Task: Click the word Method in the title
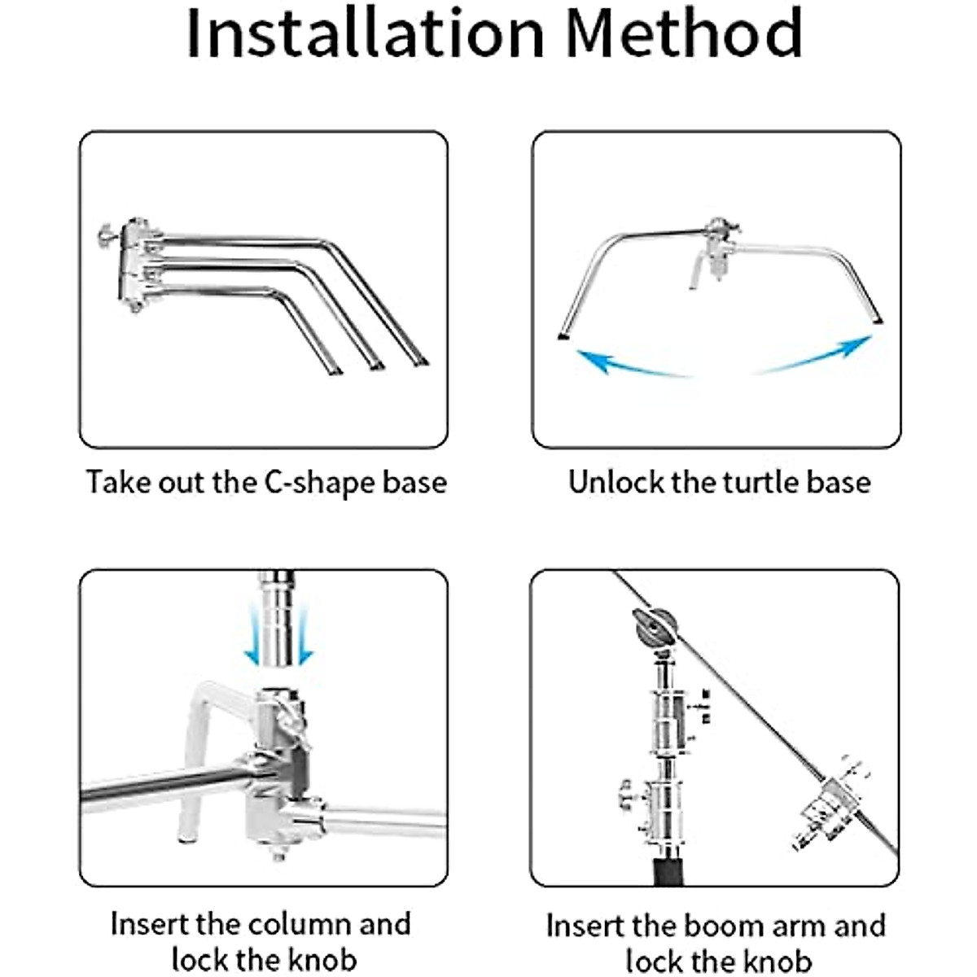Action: click(685, 33)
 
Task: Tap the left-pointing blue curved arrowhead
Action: click(594, 360)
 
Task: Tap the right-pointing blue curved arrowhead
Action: click(857, 346)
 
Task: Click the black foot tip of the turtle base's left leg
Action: click(563, 336)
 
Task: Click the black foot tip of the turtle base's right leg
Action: click(878, 321)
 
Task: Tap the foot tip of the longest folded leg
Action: click(421, 362)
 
